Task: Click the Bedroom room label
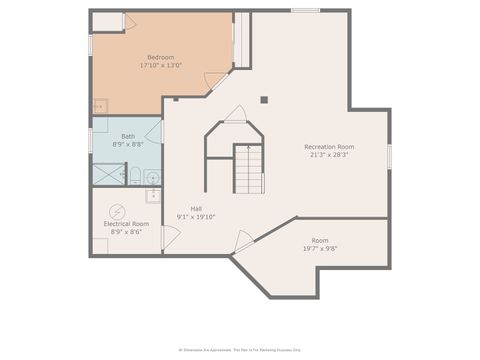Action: point(162,57)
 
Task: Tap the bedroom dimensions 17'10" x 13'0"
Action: point(162,66)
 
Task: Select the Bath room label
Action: point(128,136)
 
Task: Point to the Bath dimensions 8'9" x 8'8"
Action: point(128,145)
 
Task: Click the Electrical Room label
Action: point(126,223)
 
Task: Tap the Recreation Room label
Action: point(329,147)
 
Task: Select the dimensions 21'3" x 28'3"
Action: point(329,156)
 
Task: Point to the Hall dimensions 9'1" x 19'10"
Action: point(196,217)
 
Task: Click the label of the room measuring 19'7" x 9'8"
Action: point(319,240)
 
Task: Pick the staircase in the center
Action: point(249,169)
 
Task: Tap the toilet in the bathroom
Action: point(135,176)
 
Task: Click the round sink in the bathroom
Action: point(152,178)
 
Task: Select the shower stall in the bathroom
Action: point(107,174)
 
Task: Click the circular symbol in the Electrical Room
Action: point(117,211)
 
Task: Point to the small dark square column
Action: point(264,99)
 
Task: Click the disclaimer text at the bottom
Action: point(240,350)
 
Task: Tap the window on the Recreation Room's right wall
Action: point(389,156)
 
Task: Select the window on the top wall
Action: point(305,10)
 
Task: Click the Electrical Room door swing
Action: point(170,237)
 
